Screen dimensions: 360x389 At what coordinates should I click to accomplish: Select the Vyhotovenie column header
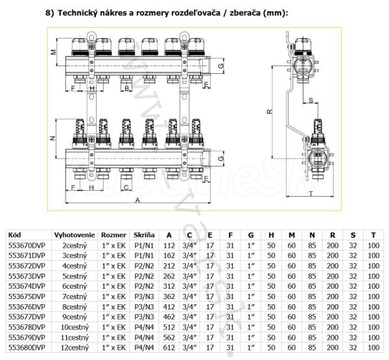click(x=75, y=235)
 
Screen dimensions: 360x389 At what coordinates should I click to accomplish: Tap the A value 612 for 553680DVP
click(x=169, y=348)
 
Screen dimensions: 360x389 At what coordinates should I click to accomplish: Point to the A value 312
click(x=169, y=286)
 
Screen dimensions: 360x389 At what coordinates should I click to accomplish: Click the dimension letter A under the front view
click(x=137, y=201)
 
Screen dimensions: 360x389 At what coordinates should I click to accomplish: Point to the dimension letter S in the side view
click(x=312, y=99)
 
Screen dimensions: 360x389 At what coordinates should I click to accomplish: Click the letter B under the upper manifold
click(x=127, y=88)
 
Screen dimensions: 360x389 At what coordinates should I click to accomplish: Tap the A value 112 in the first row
click(x=169, y=245)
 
